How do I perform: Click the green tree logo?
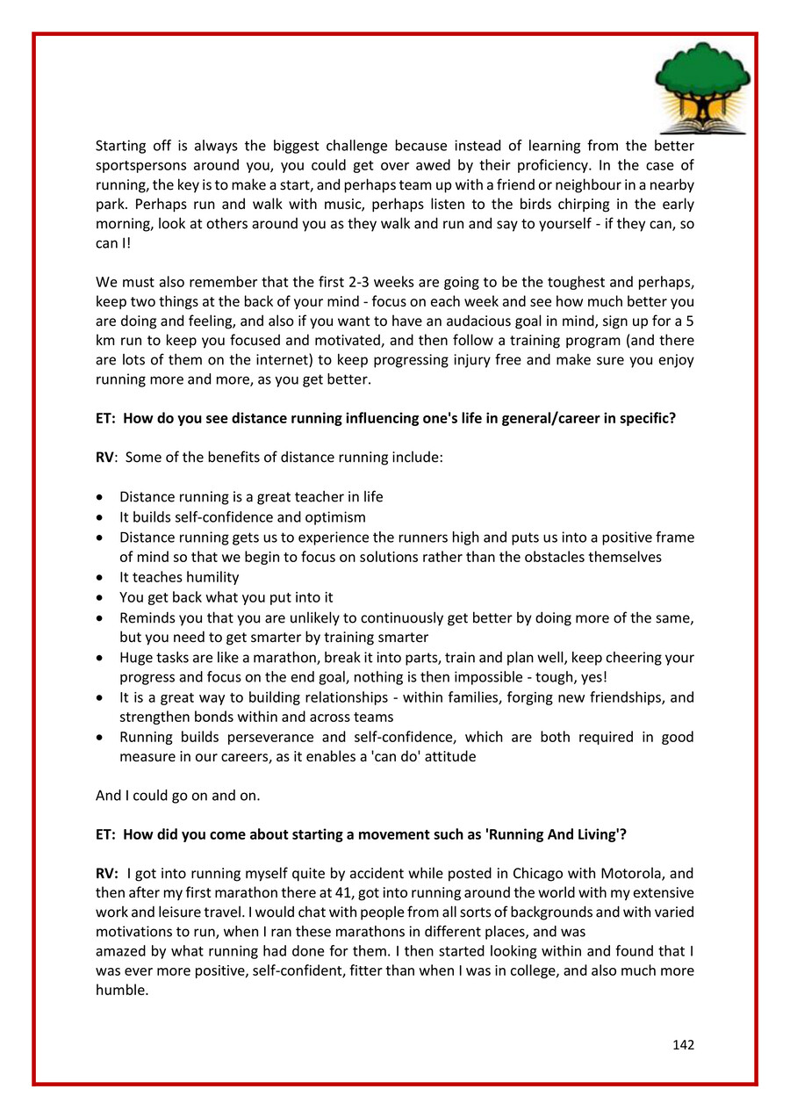(702, 86)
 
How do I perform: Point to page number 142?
(683, 1044)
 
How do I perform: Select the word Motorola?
(629, 874)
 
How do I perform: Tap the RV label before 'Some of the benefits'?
(104, 458)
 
